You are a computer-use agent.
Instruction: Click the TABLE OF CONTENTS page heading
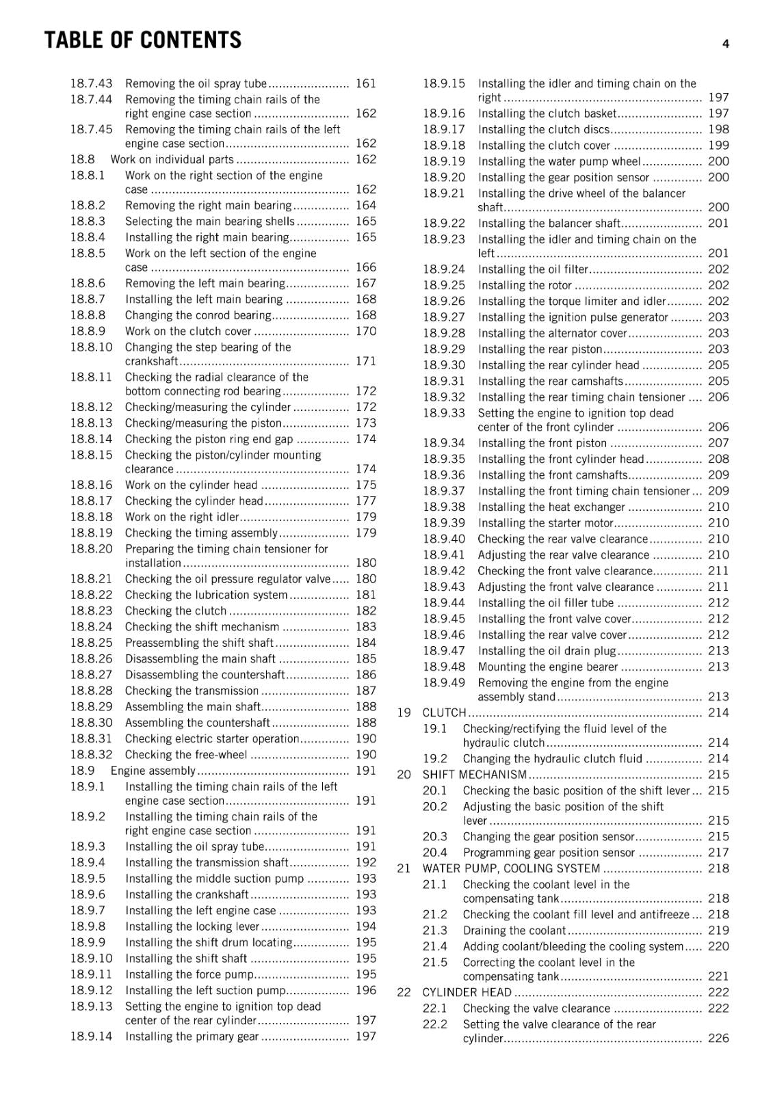[142, 40]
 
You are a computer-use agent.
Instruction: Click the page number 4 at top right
[726, 44]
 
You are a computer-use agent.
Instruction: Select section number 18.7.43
[91, 83]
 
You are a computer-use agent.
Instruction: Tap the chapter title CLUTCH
[444, 712]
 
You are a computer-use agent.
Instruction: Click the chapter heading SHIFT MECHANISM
[474, 775]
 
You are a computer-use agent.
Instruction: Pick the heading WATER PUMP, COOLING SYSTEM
[511, 868]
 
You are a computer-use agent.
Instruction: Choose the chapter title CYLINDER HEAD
[467, 992]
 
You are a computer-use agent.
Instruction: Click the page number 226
[718, 1038]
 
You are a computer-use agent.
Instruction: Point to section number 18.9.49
[443, 682]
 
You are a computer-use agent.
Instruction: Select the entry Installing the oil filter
[533, 269]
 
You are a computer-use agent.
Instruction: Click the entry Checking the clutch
[175, 611]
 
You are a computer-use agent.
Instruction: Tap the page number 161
[366, 83]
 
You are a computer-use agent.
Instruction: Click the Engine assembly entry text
[153, 771]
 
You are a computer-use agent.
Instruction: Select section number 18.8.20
[91, 548]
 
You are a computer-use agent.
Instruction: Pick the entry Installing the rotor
[525, 285]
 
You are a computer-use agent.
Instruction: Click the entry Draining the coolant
[514, 931]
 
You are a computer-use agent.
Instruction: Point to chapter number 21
[404, 868]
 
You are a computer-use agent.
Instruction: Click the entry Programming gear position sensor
[549, 853]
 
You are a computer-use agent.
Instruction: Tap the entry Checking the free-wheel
[186, 755]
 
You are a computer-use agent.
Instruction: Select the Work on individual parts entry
[172, 159]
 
